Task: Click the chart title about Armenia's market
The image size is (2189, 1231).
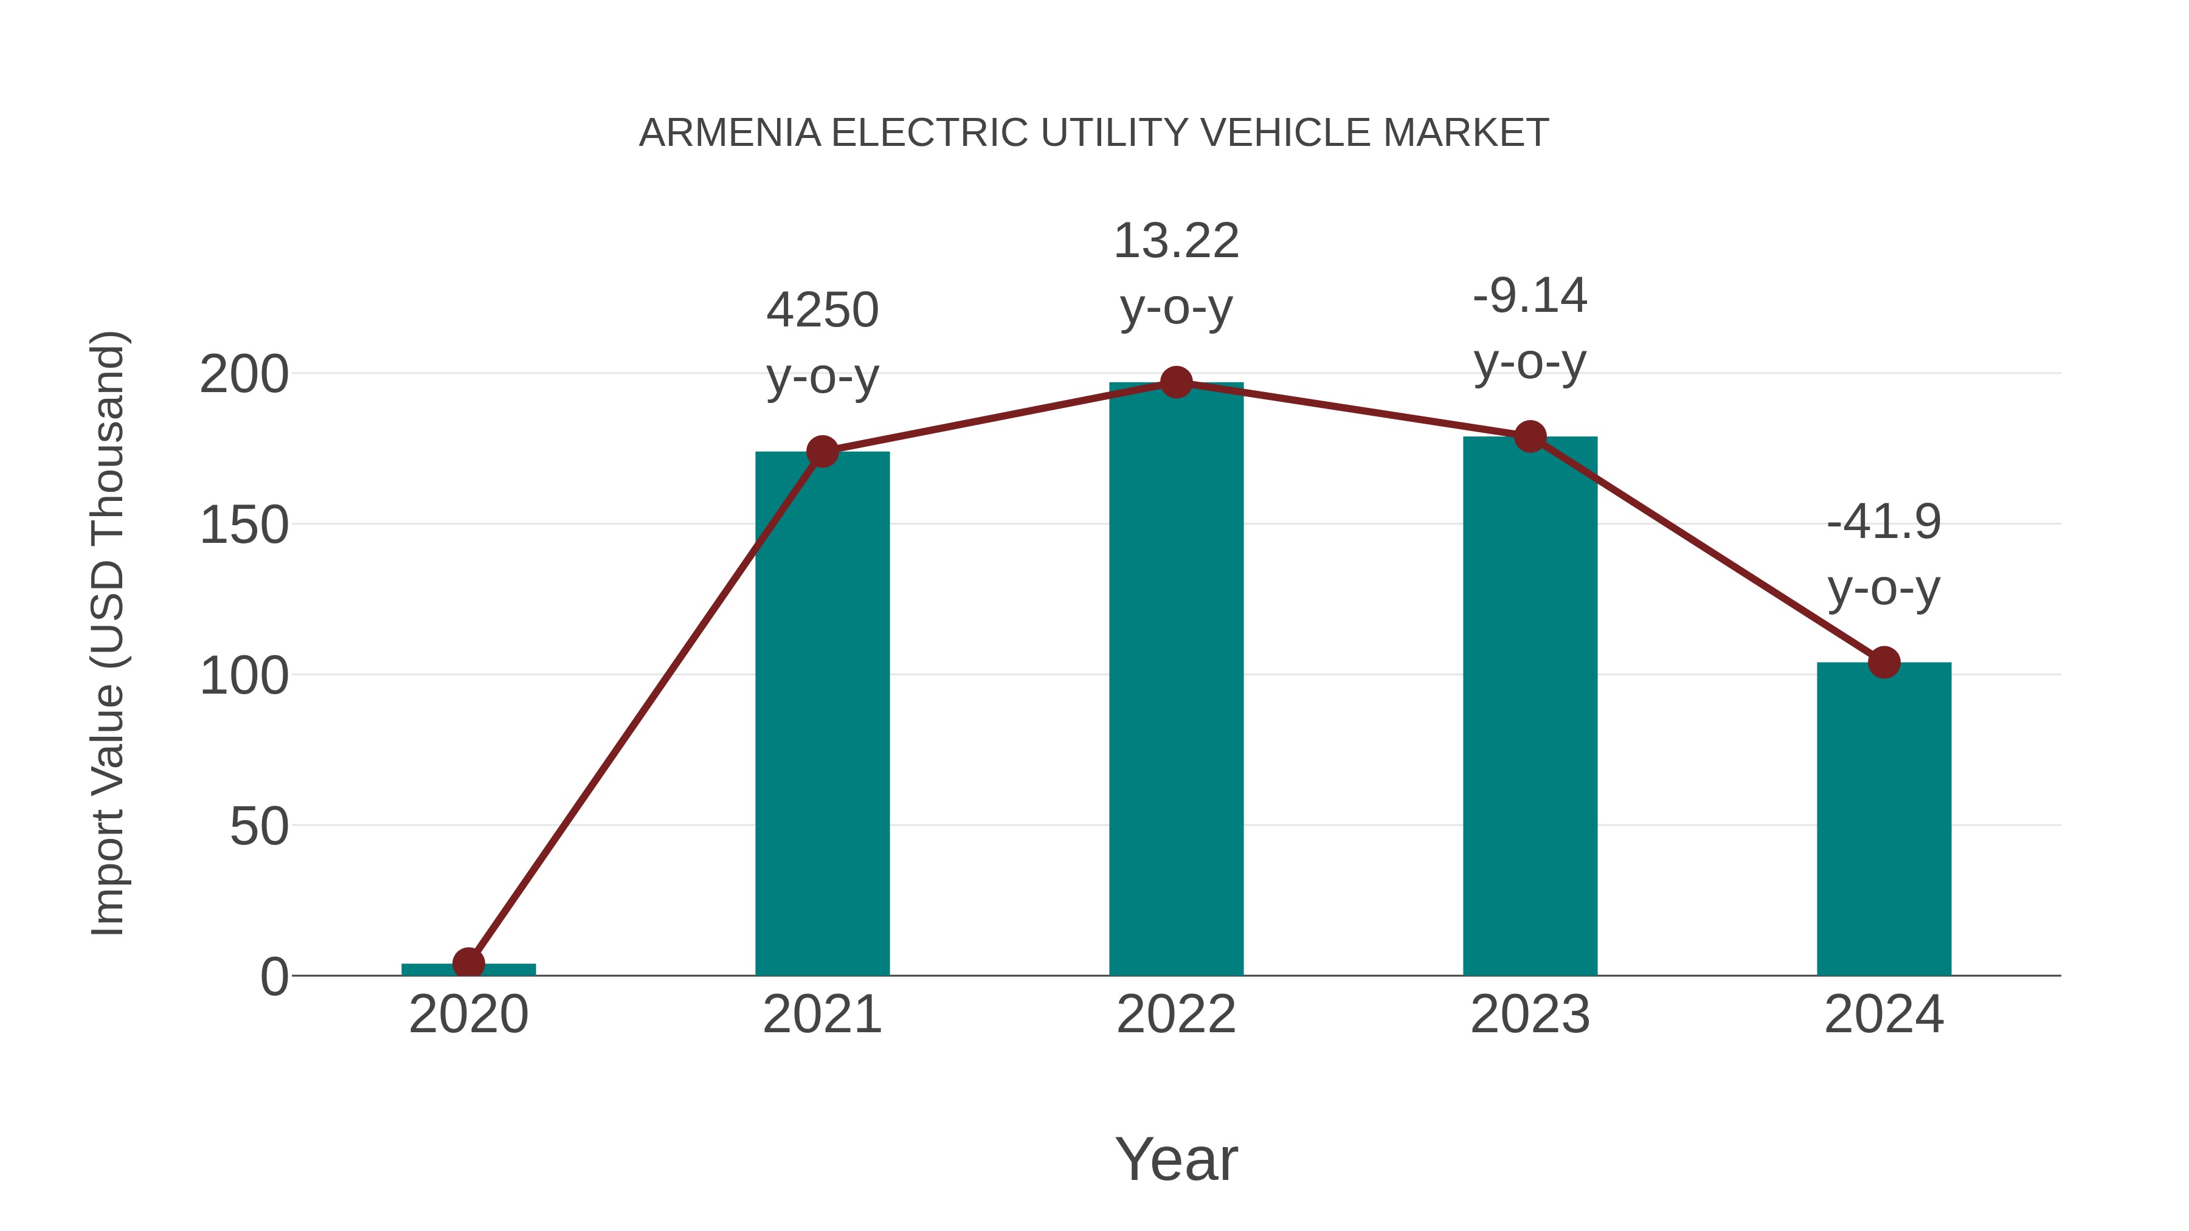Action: coord(1094,133)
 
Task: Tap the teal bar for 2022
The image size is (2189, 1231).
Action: coord(1176,680)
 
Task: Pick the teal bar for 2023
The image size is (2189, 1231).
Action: coord(1530,705)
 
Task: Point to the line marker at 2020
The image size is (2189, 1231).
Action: coord(468,964)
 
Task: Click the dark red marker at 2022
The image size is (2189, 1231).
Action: coord(1176,383)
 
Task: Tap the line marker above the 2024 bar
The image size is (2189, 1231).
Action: coord(1884,662)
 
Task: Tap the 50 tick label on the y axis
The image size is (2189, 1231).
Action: coord(259,827)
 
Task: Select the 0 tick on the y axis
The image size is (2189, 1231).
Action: coord(274,977)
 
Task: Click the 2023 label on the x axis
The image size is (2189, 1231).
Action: coord(1530,1015)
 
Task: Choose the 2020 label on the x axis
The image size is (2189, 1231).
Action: coord(468,1015)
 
